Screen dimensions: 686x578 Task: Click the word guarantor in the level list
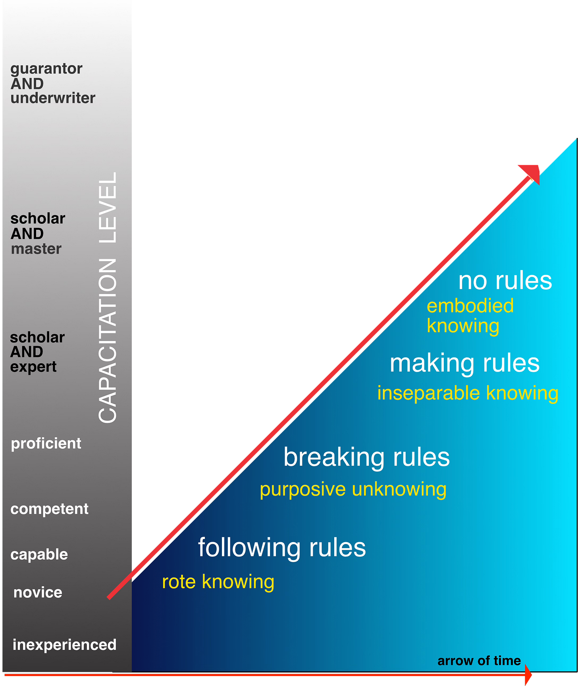pyautogui.click(x=46, y=69)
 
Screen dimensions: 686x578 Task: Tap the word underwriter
pyautogui.click(x=53, y=98)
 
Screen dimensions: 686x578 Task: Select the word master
pyautogui.click(x=36, y=249)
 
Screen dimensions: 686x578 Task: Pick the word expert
pyautogui.click(x=33, y=367)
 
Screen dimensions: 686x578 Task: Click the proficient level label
pyautogui.click(x=46, y=444)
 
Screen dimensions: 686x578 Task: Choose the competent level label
pyautogui.click(x=50, y=509)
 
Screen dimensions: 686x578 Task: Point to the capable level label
pyautogui.click(x=39, y=554)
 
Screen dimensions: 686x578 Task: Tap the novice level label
pyautogui.click(x=38, y=593)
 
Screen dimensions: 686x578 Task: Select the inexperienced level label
pyautogui.click(x=65, y=645)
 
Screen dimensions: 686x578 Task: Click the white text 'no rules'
pyautogui.click(x=505, y=281)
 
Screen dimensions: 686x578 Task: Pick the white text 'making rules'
pyautogui.click(x=464, y=363)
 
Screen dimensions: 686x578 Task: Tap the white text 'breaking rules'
pyautogui.click(x=366, y=457)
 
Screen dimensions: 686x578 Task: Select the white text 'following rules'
pyautogui.click(x=282, y=547)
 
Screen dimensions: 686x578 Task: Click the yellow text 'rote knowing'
pyautogui.click(x=218, y=582)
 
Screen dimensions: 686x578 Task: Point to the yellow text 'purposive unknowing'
pyautogui.click(x=353, y=489)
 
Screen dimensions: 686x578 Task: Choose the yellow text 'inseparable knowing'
pyautogui.click(x=468, y=393)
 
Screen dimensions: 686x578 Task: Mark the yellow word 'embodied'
pyautogui.click(x=470, y=306)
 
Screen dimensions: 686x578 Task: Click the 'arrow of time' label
pyautogui.click(x=479, y=661)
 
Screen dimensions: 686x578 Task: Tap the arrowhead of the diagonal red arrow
pyautogui.click(x=532, y=172)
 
